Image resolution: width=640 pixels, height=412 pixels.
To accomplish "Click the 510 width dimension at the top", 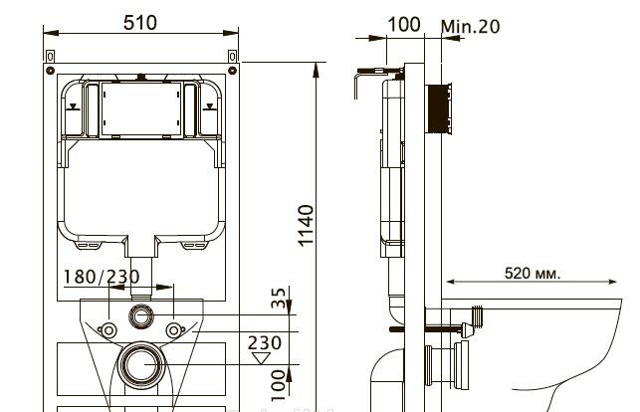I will click(x=140, y=22).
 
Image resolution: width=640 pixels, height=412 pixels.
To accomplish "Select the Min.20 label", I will click(x=470, y=26).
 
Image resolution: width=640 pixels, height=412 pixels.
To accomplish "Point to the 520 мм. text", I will click(x=533, y=272).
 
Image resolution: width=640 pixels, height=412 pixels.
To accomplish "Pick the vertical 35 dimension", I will click(x=280, y=298).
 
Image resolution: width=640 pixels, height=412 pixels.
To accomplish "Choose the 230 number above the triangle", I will click(x=265, y=342).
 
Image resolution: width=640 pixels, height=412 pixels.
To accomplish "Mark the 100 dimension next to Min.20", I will click(x=403, y=25).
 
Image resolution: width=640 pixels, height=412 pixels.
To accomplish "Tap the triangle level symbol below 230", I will click(x=265, y=359).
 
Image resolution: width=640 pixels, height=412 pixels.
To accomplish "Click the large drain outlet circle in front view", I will click(x=142, y=363).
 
